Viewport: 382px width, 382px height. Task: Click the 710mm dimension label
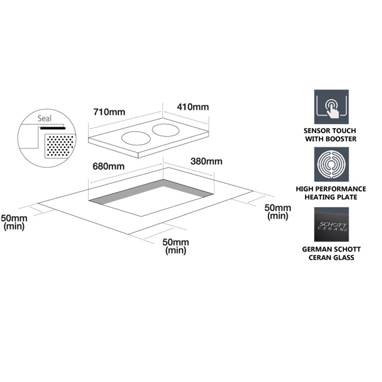coord(110,112)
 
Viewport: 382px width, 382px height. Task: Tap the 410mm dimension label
coord(192,107)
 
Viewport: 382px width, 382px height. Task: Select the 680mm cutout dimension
coord(105,167)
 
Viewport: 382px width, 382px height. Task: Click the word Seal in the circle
coord(44,119)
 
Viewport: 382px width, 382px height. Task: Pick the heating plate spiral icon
coord(331,164)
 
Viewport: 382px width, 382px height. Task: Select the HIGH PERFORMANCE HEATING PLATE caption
coord(331,193)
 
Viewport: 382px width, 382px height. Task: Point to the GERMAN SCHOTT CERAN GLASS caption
coord(331,253)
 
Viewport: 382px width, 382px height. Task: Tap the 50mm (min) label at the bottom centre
coord(176,246)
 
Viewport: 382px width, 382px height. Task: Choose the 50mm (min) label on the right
coord(278,212)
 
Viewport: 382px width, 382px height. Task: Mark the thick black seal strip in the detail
coord(52,128)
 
